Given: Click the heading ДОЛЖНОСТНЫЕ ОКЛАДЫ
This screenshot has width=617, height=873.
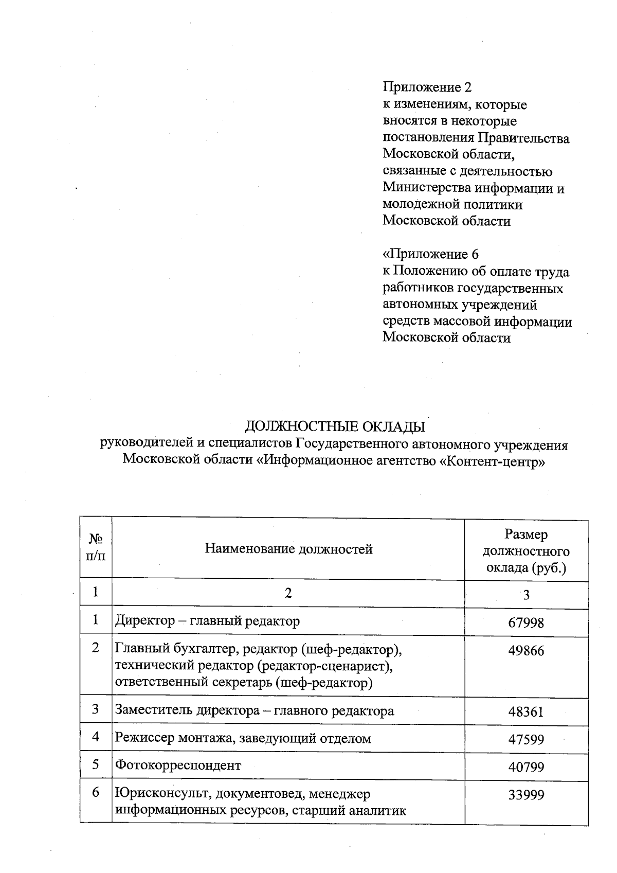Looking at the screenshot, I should [335, 427].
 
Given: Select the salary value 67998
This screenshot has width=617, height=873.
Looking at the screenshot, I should [526, 623].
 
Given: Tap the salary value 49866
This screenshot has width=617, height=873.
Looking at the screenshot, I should [526, 651].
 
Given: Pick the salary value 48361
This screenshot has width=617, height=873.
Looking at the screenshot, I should [526, 712].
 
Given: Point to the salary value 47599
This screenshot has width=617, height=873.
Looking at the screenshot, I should [526, 740].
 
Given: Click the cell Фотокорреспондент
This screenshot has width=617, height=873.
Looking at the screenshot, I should [178, 765].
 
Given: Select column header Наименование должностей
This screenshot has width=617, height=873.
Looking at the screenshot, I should [288, 549].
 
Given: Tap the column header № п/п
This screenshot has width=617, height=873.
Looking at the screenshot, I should [96, 547].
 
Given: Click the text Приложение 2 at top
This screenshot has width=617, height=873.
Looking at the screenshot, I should [427, 87].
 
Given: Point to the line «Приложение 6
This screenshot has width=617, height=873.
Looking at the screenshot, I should [431, 255].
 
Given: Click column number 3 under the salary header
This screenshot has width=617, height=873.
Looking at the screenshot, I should [526, 595].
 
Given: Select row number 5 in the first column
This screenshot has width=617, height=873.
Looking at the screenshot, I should [96, 764].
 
